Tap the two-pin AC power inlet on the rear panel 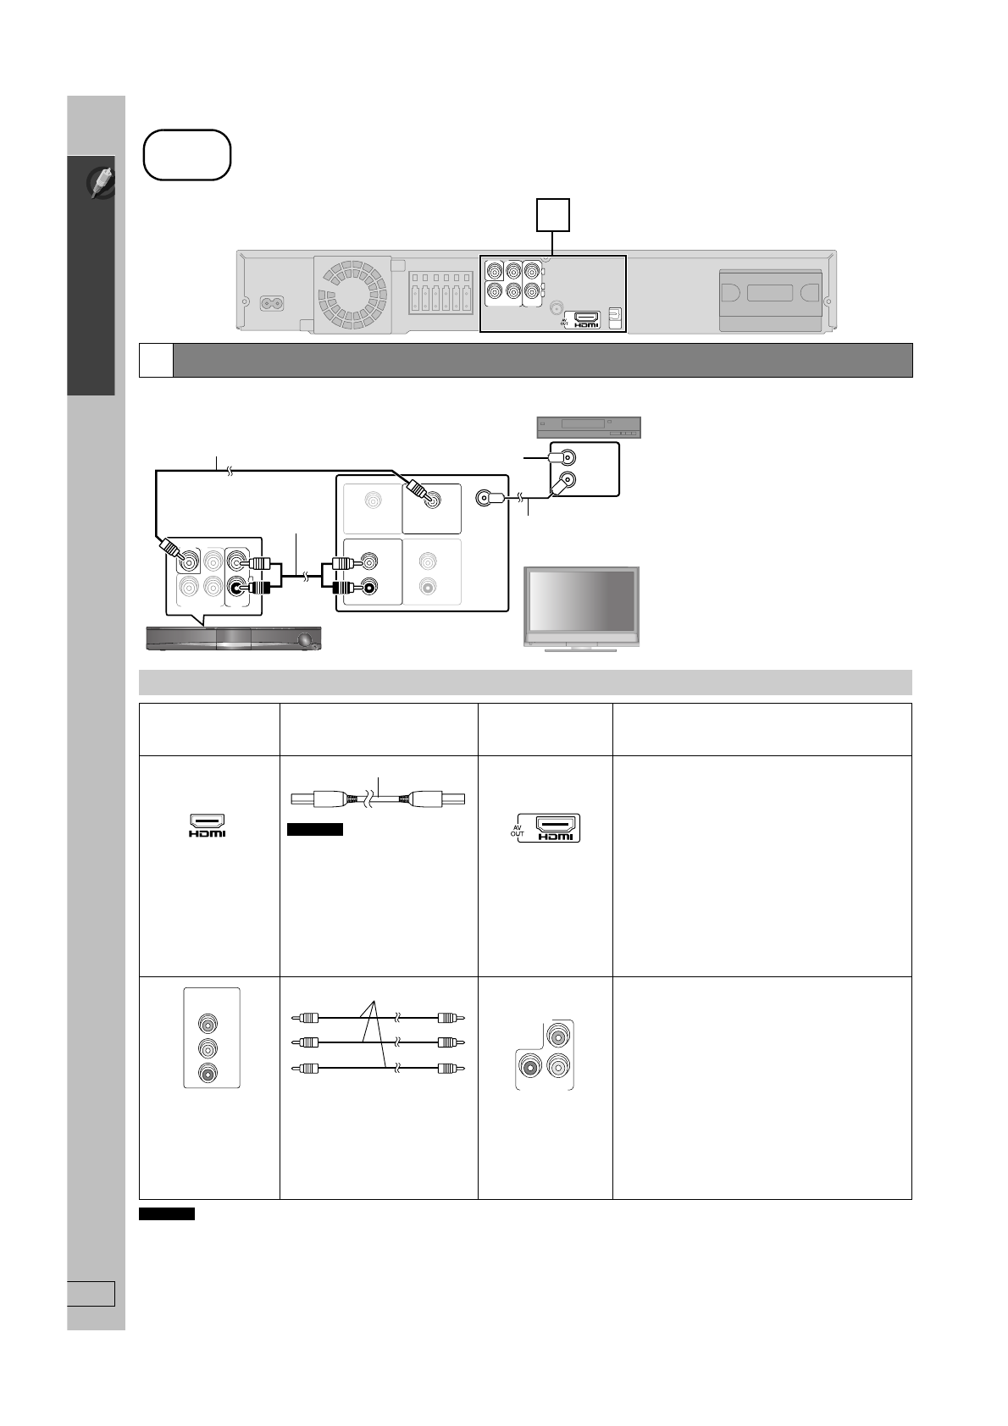point(272,304)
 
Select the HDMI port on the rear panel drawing point(586,317)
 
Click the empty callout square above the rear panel point(553,215)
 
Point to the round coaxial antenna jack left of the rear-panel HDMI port point(557,308)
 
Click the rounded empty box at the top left point(187,155)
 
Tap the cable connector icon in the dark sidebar point(102,182)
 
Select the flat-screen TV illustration point(581,609)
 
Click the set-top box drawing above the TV point(589,427)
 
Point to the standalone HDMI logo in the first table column point(207,825)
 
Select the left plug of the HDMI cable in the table point(318,799)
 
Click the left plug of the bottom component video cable point(304,1068)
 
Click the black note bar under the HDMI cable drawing point(314,829)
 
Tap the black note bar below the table point(167,1214)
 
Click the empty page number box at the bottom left point(91,1294)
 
